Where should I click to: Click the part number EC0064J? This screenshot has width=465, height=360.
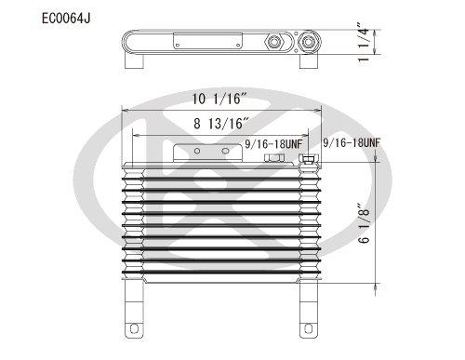pos(66,19)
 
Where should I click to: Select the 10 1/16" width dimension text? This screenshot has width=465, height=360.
pos(219,99)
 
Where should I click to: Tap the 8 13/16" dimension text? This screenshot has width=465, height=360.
pos(221,124)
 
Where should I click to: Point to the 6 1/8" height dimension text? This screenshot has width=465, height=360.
pos(364,223)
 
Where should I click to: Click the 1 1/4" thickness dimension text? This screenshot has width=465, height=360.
pos(364,42)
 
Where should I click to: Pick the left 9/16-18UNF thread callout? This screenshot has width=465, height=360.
pos(273,144)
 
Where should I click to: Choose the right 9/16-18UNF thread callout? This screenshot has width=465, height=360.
pos(352,142)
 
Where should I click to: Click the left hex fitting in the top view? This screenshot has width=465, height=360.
pos(274,42)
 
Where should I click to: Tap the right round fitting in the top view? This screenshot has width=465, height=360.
pos(309,42)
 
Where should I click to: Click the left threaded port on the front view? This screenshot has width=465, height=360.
pos(274,158)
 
